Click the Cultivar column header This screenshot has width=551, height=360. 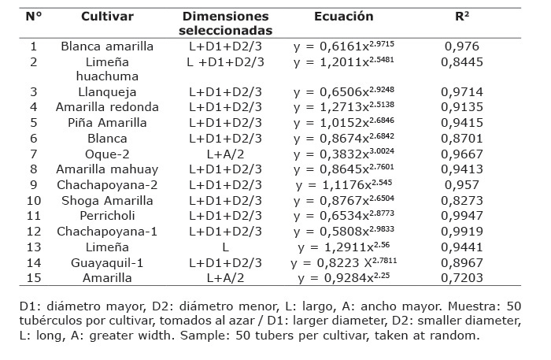click(108, 16)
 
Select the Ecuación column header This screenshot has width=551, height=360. click(344, 16)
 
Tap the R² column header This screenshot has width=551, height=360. click(461, 16)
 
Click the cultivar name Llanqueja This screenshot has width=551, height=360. click(108, 92)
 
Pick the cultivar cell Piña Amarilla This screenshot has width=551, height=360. click(108, 123)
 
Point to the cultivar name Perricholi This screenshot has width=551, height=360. click(108, 215)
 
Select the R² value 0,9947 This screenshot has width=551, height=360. click(462, 215)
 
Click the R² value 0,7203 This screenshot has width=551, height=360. click(462, 276)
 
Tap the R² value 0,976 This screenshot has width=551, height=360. click(462, 46)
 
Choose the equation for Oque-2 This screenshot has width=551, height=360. click(345, 154)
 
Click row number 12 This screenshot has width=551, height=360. click(34, 231)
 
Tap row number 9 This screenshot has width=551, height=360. click(34, 184)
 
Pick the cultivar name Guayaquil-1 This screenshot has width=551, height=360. click(108, 262)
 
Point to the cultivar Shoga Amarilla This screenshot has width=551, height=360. click(108, 200)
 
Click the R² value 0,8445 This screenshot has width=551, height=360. click(462, 61)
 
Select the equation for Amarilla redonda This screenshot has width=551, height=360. click(345, 107)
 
